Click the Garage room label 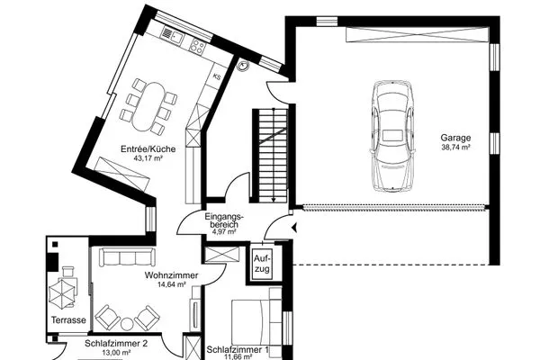455,138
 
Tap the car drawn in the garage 392,136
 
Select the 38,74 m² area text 455,147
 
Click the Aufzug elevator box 262,263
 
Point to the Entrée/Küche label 148,149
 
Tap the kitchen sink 172,34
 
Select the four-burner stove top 197,47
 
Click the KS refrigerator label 217,76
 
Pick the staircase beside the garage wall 271,156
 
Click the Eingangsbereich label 224,220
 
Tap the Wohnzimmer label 172,275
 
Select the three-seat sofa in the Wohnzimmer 127,257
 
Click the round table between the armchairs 127,324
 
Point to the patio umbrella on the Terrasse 63,292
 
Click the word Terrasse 68,320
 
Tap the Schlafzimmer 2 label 116,344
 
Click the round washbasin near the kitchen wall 244,66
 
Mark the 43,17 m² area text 148,158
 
